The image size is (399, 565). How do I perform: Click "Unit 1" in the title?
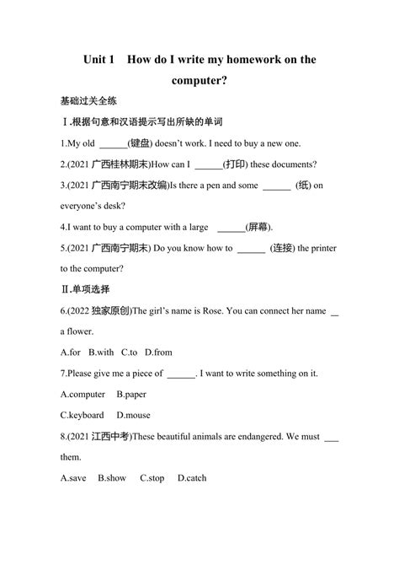coord(103,61)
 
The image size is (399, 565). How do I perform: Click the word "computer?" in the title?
coord(199,82)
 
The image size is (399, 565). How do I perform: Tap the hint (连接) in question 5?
coord(285,248)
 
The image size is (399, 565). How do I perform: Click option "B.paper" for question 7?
coord(133,394)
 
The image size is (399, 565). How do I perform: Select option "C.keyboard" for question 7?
coord(82,415)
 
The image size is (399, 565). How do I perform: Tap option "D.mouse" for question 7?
coord(133,415)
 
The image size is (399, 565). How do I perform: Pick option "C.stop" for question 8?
coord(152,478)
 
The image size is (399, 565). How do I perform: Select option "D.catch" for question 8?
coord(192,478)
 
